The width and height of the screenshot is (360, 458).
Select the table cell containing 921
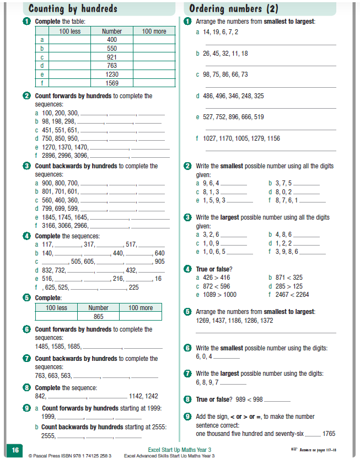tap(112, 57)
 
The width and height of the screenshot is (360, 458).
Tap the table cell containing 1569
tap(112, 83)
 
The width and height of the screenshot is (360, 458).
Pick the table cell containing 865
tap(98, 317)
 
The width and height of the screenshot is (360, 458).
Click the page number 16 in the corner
tap(14, 449)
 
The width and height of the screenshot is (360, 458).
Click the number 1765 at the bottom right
tap(329, 434)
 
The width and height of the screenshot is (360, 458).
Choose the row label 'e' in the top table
tap(42, 74)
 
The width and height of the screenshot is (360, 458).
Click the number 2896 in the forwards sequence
tap(48, 156)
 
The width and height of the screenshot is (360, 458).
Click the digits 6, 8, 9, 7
tap(207, 382)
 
